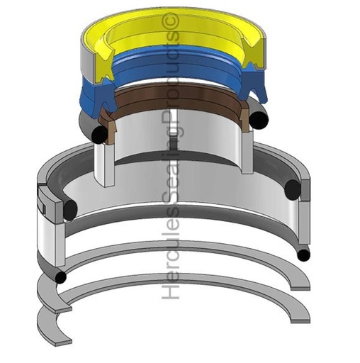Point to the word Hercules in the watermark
click(170, 266)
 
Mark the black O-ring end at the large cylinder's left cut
click(69, 211)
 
